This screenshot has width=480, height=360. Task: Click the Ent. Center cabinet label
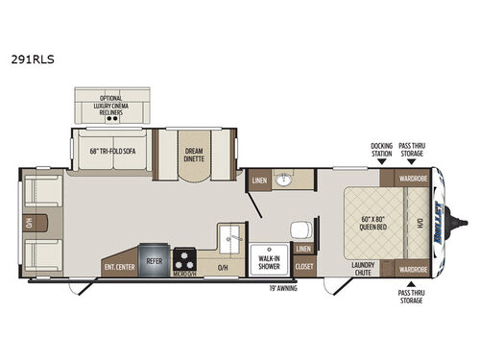(117, 267)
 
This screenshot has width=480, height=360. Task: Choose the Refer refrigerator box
(154, 259)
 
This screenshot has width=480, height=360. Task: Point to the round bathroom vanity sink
(285, 180)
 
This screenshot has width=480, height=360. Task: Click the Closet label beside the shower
(304, 266)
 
